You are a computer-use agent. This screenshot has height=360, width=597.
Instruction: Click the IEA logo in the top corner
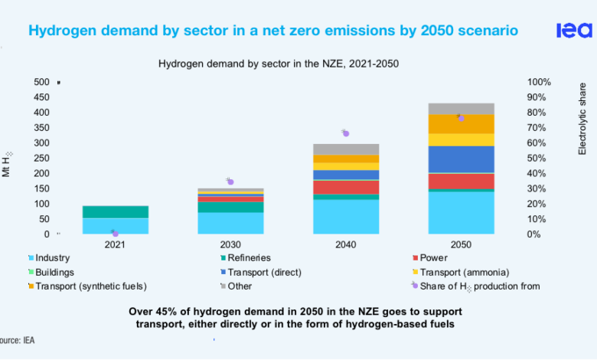(x=573, y=30)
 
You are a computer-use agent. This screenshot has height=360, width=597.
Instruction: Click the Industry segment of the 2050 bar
(x=461, y=212)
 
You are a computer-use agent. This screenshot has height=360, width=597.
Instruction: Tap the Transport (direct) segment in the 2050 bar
(x=461, y=159)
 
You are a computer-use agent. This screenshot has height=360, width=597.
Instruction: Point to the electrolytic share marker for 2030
(x=230, y=182)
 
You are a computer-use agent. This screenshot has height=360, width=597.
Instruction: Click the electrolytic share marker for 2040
(x=346, y=133)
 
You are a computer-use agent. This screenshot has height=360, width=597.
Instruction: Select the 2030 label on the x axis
(x=230, y=245)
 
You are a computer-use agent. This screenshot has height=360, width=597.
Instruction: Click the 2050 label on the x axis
(x=461, y=245)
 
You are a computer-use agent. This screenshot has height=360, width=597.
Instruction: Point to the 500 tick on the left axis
(x=41, y=82)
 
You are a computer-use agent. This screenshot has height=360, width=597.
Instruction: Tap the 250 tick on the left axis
(x=41, y=159)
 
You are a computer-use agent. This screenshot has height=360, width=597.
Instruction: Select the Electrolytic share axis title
(x=582, y=119)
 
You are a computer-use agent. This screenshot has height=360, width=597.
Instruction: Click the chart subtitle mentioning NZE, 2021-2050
(x=279, y=64)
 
